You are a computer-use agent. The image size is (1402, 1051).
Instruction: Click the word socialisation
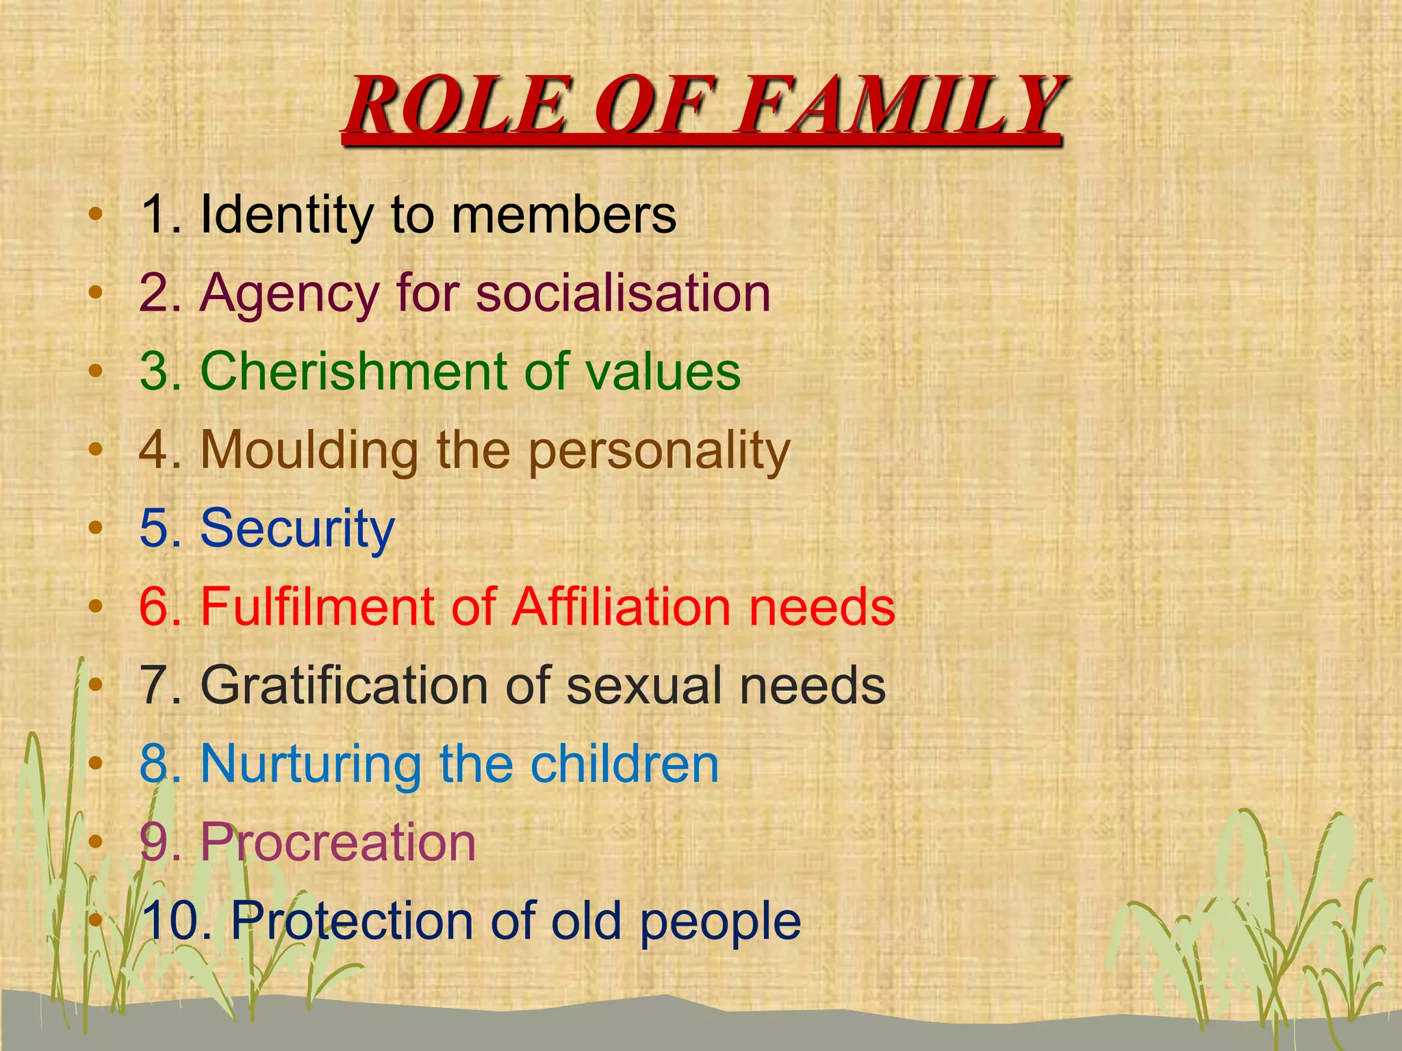point(623,293)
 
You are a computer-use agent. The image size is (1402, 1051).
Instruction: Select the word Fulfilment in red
point(318,606)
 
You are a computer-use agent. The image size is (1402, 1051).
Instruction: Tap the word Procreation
point(338,842)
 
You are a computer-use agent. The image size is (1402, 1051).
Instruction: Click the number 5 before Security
point(154,529)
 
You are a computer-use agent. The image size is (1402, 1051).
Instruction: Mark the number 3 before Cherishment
point(154,371)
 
